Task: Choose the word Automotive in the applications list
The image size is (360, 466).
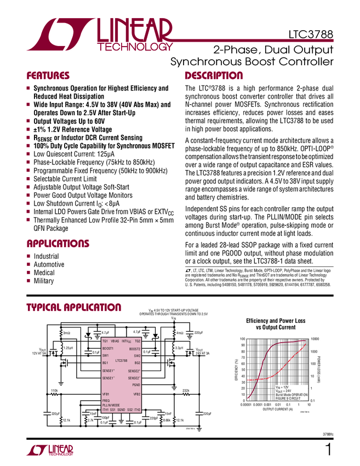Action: [x=49, y=264]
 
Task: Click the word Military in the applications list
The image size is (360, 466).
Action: [x=44, y=281]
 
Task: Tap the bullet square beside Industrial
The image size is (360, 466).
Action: [x=28, y=257]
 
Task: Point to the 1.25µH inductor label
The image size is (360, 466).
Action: [x=68, y=348]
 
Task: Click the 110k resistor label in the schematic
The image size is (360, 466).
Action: [x=54, y=390]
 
